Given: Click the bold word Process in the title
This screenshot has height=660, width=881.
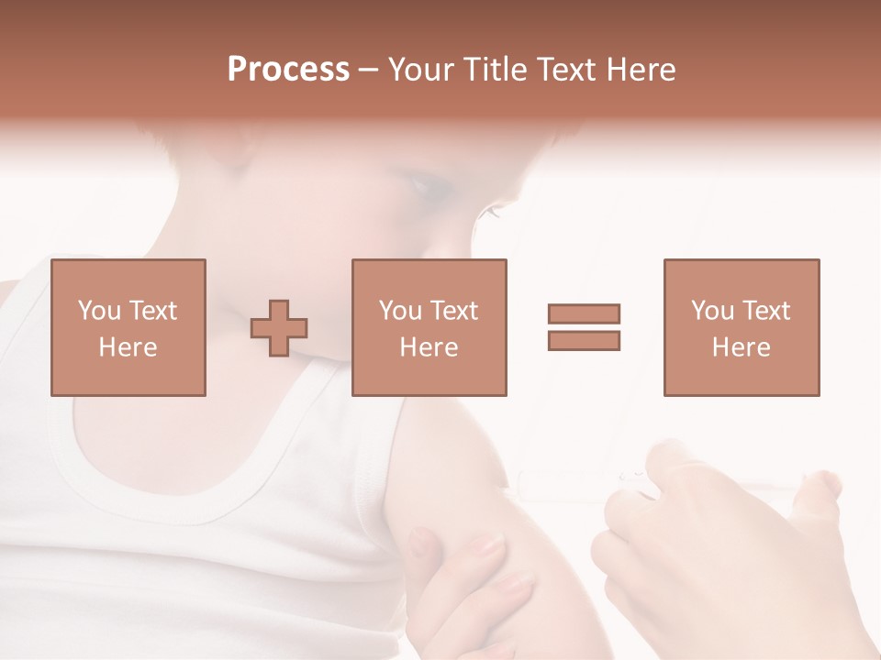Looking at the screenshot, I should (x=288, y=70).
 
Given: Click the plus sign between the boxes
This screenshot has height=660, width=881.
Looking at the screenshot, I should (x=279, y=328).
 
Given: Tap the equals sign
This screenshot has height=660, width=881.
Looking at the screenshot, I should (x=584, y=327).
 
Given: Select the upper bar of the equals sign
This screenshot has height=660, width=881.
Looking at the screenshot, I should (x=584, y=313).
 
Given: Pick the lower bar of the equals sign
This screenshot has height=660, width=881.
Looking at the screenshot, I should (x=584, y=341).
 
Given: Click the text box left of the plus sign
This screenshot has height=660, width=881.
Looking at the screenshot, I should (x=128, y=327).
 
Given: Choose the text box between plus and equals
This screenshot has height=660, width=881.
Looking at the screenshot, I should (x=429, y=327).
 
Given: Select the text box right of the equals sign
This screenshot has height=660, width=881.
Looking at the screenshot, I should (x=742, y=327).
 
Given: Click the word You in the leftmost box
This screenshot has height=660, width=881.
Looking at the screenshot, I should (x=97, y=311).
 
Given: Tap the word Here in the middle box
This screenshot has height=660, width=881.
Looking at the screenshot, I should (x=429, y=347).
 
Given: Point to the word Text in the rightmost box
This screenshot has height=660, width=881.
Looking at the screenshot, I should (x=765, y=311).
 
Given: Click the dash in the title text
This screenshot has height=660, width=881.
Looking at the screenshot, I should (x=368, y=70).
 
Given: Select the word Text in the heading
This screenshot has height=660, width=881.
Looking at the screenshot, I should (x=564, y=70).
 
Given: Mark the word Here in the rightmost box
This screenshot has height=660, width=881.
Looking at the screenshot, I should (x=742, y=347).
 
